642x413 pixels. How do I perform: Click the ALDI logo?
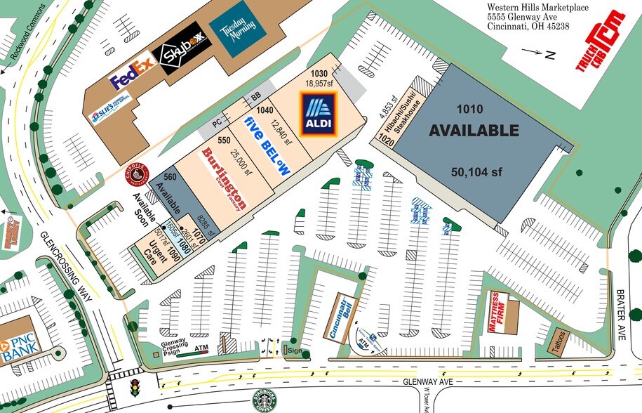(x=319, y=116)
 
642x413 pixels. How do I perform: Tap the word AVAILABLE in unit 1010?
(x=474, y=131)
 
